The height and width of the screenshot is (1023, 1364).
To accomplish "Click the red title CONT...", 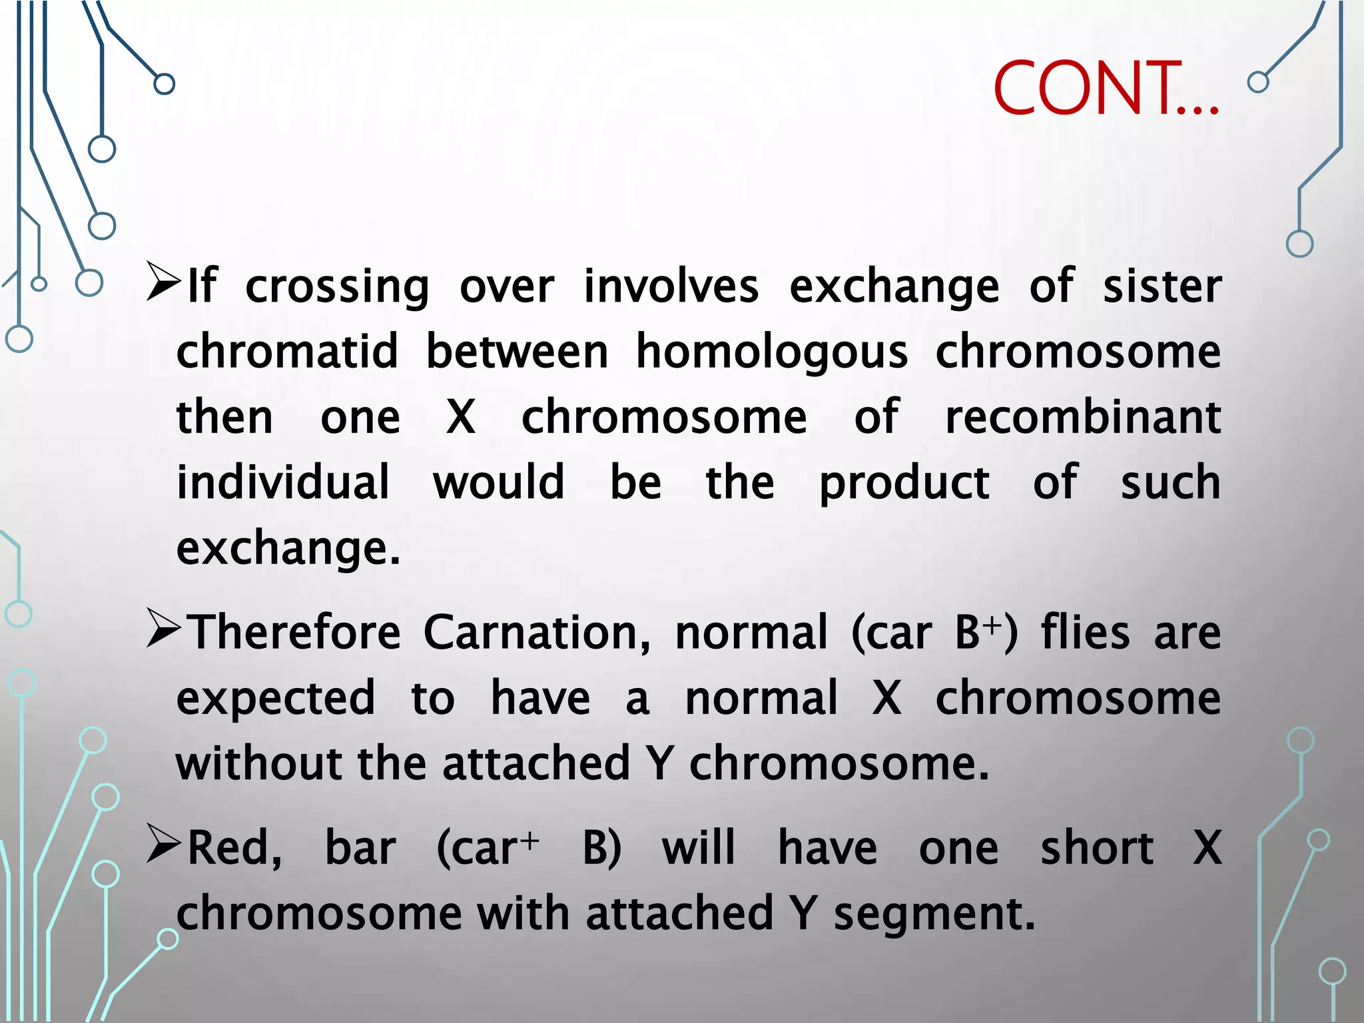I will pyautogui.click(x=1106, y=88).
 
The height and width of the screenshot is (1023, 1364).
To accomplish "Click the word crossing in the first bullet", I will pyautogui.click(x=337, y=287).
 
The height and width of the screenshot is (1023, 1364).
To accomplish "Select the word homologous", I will pyautogui.click(x=771, y=351).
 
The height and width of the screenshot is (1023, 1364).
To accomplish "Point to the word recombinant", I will pyautogui.click(x=1083, y=417).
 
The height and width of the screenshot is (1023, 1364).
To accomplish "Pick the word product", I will pyautogui.click(x=904, y=483).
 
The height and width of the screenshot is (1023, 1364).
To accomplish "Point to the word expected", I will pyautogui.click(x=276, y=699).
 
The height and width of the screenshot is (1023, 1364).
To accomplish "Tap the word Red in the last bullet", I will pyautogui.click(x=234, y=849).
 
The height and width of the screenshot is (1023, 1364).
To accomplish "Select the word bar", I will pyautogui.click(x=360, y=848).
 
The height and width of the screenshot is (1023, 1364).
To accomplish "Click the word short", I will pyautogui.click(x=1097, y=848).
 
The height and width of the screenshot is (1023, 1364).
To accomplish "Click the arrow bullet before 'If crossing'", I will pyautogui.click(x=163, y=282).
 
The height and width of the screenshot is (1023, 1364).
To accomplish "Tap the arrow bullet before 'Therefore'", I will pyautogui.click(x=163, y=629).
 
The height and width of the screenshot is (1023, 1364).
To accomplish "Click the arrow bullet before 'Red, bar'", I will pyautogui.click(x=163, y=845).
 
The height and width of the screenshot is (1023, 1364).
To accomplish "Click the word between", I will pyautogui.click(x=517, y=351).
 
